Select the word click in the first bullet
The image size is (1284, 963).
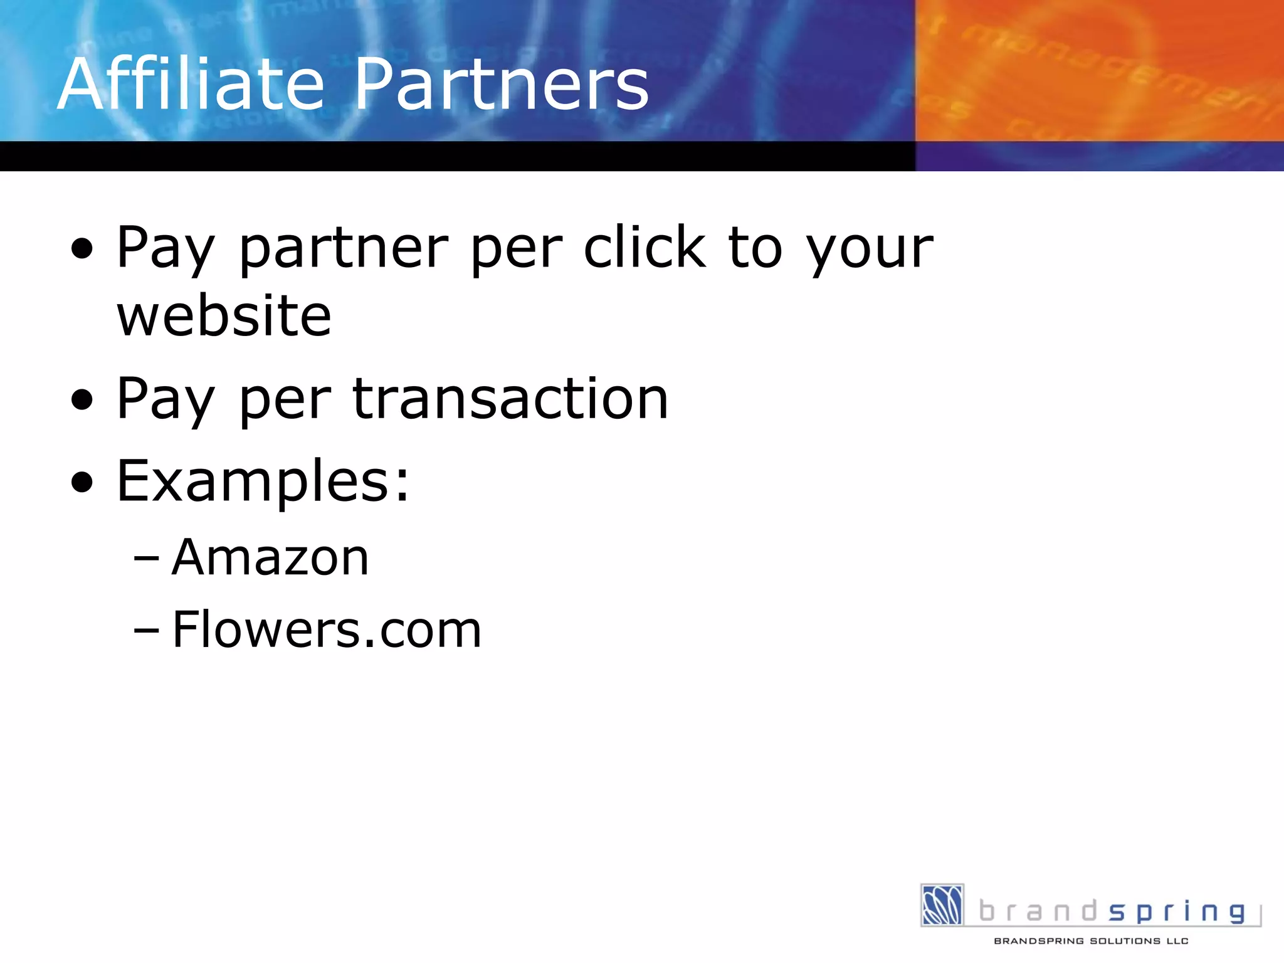point(645,248)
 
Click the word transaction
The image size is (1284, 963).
point(510,399)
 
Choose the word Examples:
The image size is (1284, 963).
point(263,481)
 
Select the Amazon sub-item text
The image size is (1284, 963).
point(270,557)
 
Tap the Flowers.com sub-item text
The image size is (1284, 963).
point(327,629)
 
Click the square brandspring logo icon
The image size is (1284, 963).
point(942,905)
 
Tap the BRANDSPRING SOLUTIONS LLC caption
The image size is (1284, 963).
point(1091,941)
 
